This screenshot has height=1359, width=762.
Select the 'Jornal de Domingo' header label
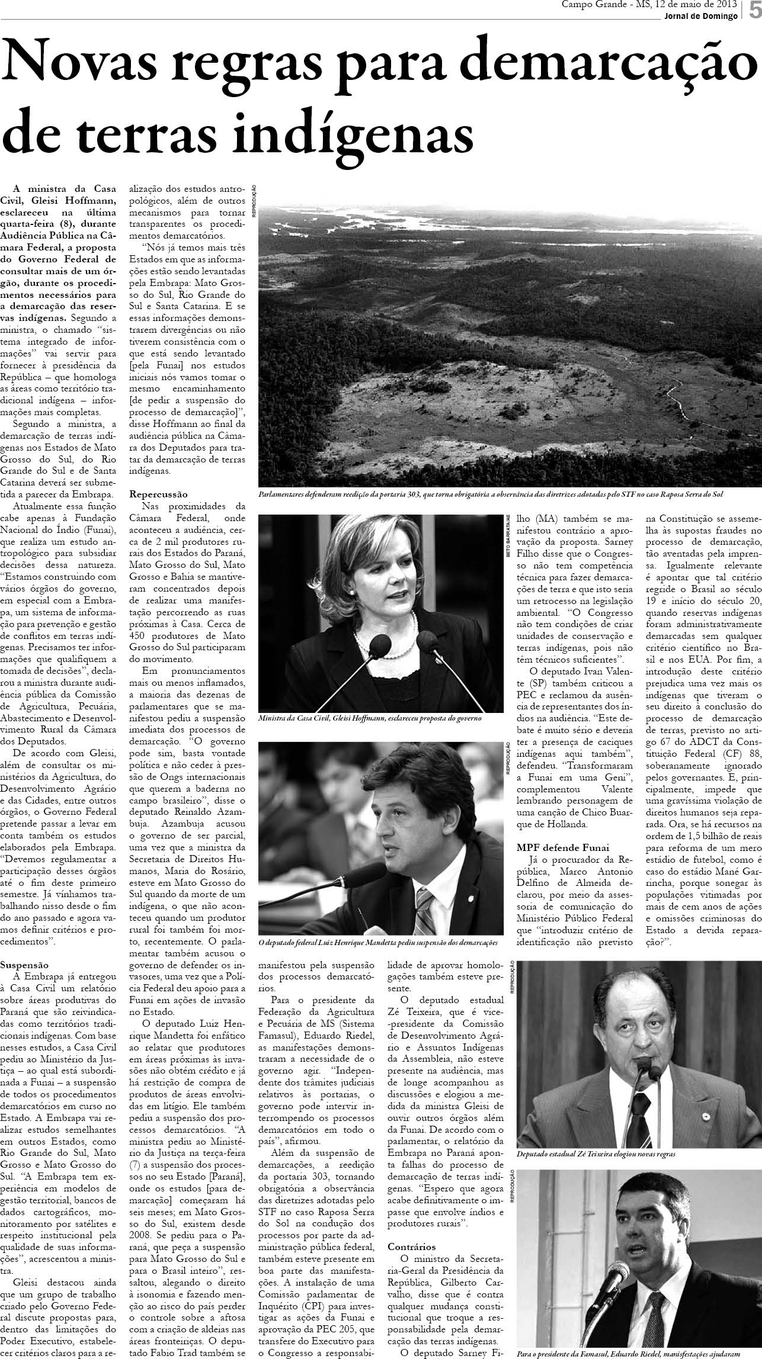[x=701, y=16]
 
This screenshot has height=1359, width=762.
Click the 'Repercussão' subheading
[x=158, y=494]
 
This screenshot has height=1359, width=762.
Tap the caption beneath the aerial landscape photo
[x=491, y=494]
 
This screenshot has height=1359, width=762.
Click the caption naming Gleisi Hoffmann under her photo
[x=370, y=718]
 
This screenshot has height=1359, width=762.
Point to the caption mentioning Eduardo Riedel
[x=628, y=1352]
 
